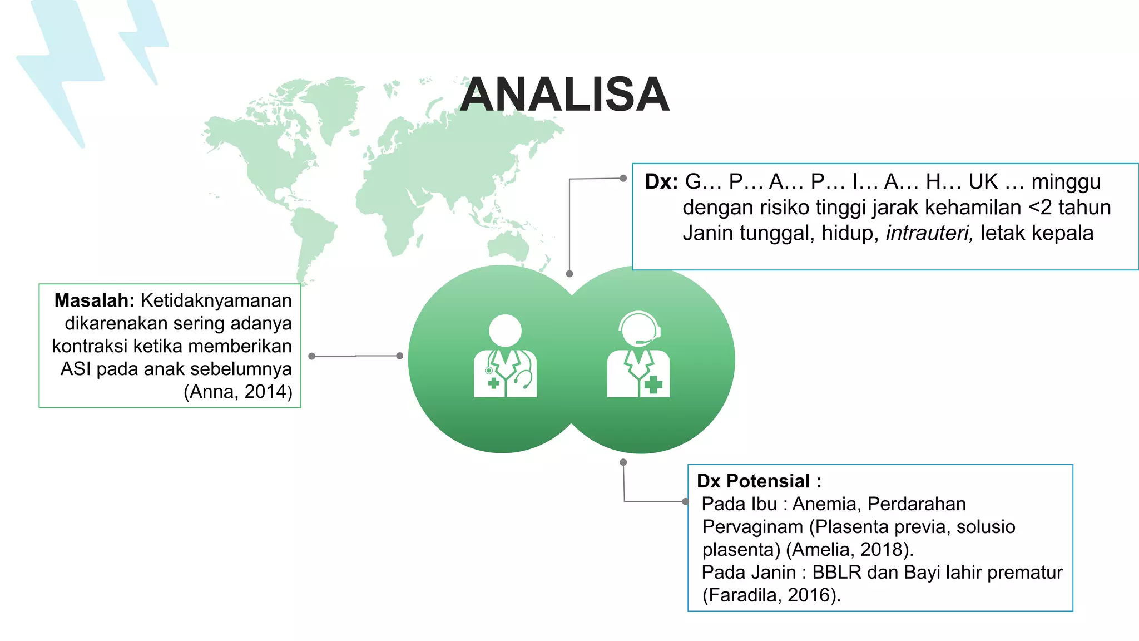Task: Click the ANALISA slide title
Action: coord(564,95)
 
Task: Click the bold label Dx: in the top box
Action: coord(661,182)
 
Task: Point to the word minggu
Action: coord(1066,182)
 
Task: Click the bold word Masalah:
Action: coord(94,300)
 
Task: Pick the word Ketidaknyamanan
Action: coord(216,300)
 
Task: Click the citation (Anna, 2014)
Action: coord(237,392)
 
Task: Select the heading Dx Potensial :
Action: coord(759,481)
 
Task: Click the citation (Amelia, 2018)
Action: coord(849,549)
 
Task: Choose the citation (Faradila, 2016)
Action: coord(771,595)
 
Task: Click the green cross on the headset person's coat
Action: coord(653,384)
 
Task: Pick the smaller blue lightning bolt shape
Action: coord(144,39)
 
